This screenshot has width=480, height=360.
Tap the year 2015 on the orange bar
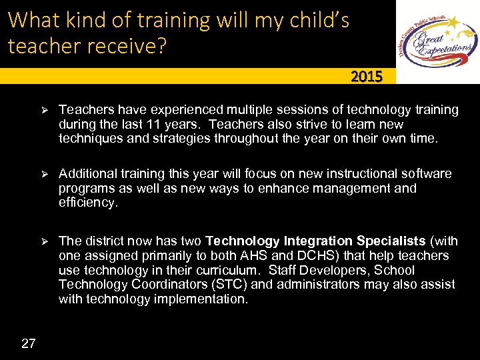coord(367,77)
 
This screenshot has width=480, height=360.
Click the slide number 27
coord(29,343)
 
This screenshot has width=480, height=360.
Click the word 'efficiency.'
coord(88,203)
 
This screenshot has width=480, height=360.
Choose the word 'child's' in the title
coord(316,20)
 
